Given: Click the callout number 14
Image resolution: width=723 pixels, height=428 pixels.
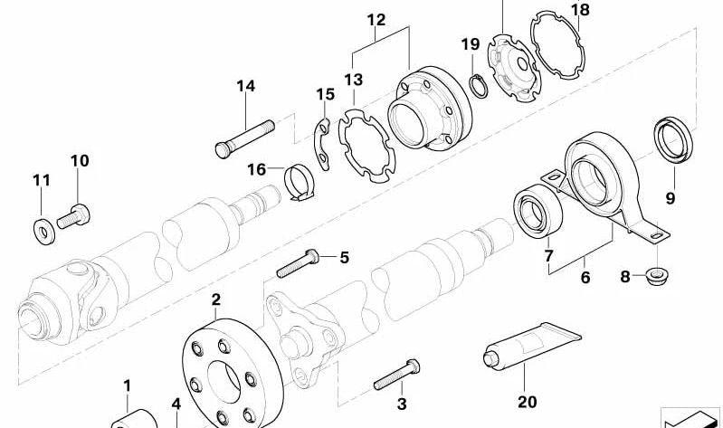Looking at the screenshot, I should click(x=246, y=86).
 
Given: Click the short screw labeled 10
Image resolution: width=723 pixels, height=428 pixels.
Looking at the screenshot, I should click(x=71, y=215).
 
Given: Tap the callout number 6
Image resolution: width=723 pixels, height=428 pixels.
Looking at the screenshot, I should click(x=585, y=278).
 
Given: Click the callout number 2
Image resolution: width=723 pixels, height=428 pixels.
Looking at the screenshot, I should click(x=216, y=299).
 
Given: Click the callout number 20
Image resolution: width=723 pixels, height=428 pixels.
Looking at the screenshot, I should click(x=528, y=402).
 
